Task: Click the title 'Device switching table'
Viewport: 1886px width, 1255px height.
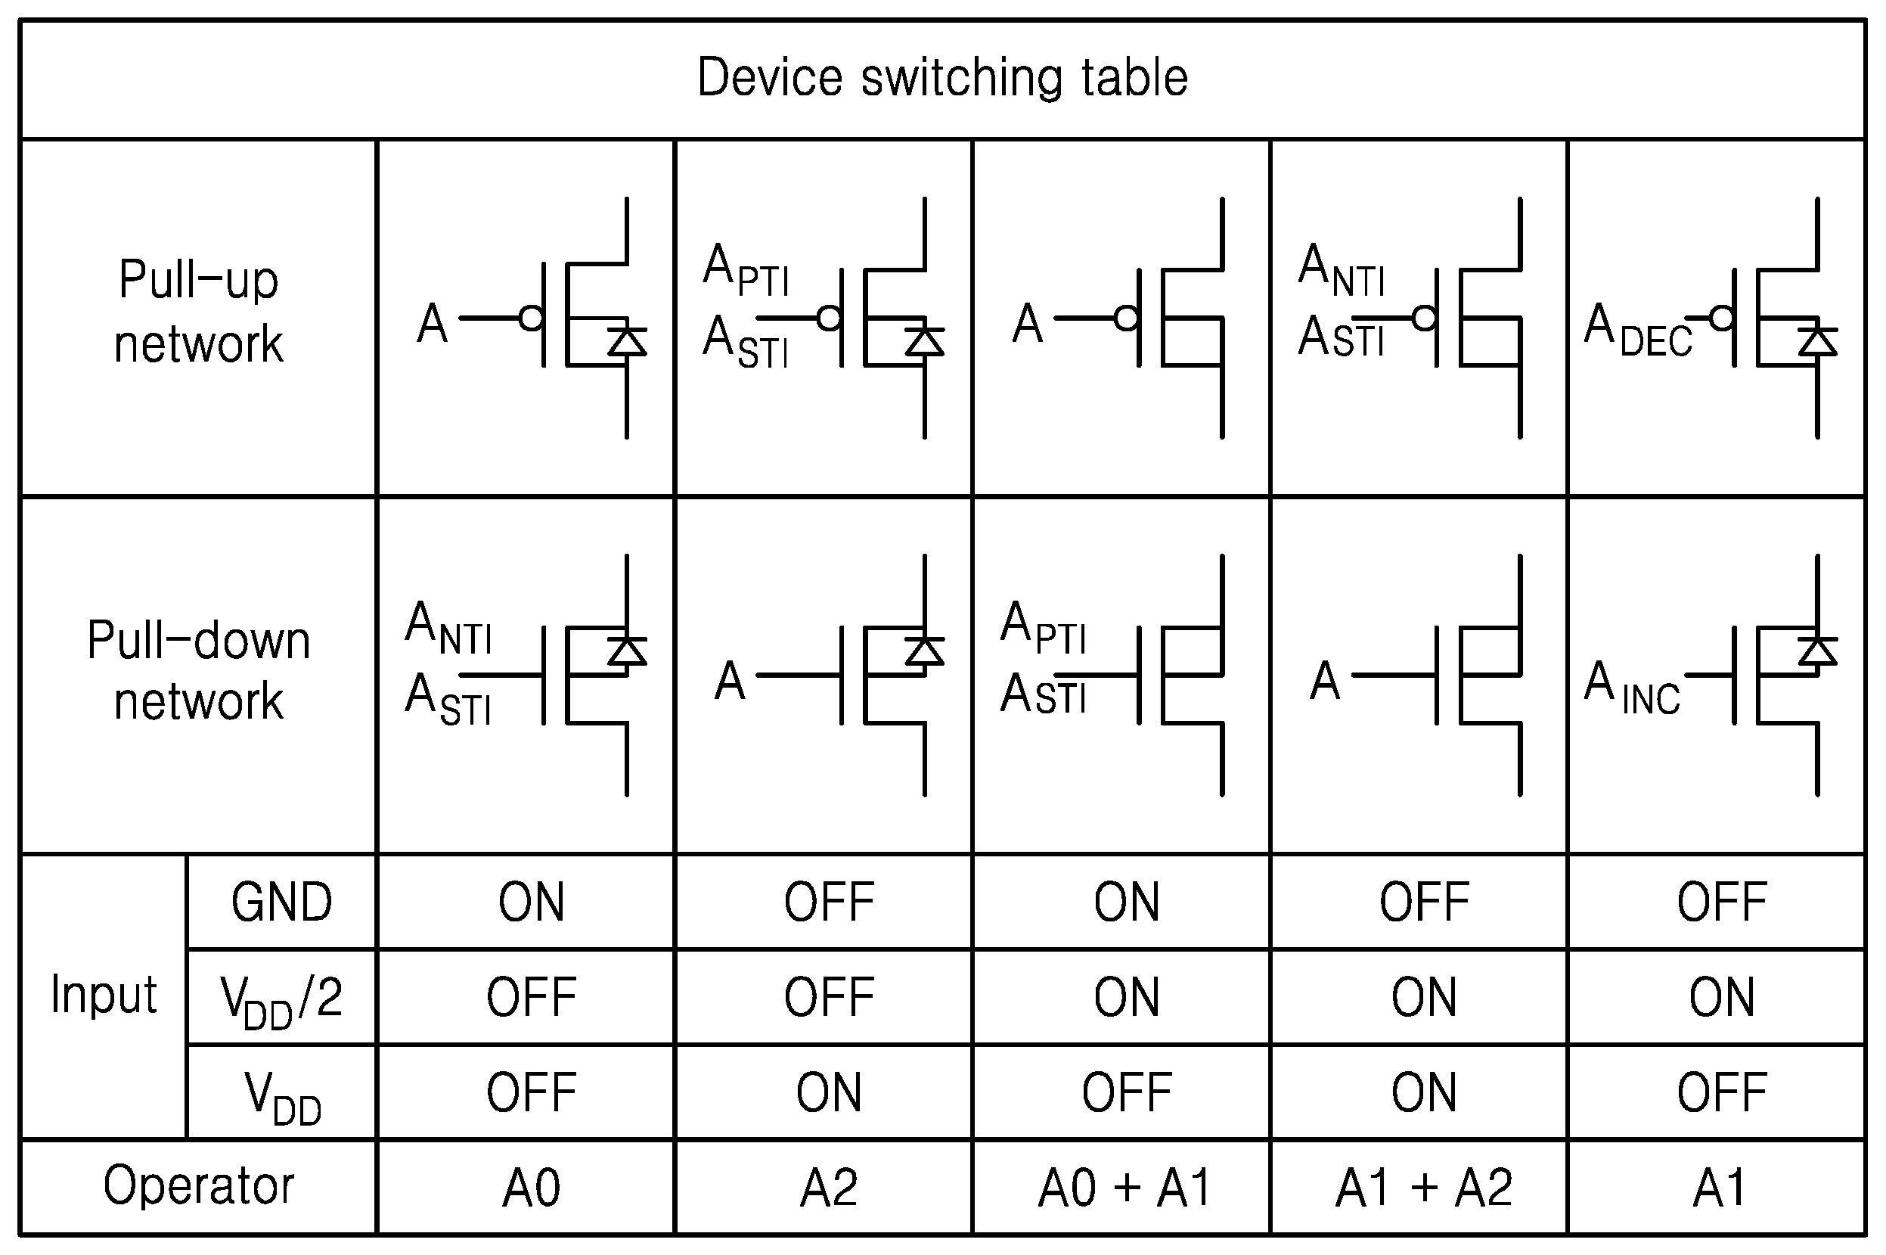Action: point(942,78)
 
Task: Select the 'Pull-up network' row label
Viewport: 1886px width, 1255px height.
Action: point(198,312)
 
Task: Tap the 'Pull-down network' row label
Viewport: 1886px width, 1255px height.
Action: point(198,671)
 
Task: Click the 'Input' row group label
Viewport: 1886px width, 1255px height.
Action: point(104,996)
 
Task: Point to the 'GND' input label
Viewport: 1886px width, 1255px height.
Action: point(281,902)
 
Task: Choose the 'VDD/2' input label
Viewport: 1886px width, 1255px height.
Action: point(281,1001)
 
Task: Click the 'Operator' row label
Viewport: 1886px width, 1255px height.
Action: point(198,1186)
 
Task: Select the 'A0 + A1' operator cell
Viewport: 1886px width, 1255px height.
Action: point(1124,1188)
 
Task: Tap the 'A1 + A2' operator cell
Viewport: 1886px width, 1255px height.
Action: point(1424,1188)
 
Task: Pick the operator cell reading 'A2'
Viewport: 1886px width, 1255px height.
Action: point(829,1188)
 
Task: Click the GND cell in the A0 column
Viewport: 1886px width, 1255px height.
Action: point(532,902)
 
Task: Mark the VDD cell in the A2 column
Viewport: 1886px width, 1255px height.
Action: point(829,1092)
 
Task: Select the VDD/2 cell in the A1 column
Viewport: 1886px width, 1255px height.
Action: point(1722,997)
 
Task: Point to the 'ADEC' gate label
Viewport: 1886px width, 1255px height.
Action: point(1638,330)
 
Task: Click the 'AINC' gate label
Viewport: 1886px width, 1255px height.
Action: point(1633,688)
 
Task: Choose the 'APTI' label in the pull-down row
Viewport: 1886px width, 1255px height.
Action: point(1044,628)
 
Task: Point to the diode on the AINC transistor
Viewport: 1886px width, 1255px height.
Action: point(1817,651)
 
